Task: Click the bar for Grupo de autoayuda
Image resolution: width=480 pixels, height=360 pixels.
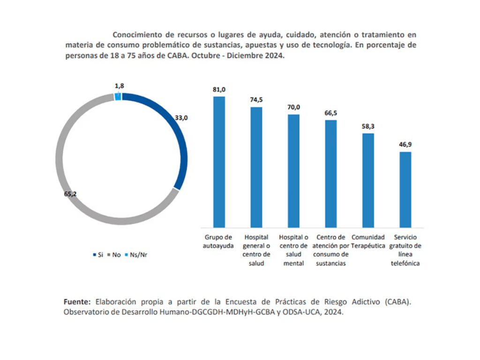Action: (x=219, y=162)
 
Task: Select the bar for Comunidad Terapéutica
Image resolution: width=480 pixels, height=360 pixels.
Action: (x=368, y=180)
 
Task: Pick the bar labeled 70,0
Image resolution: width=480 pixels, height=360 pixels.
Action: (x=293, y=171)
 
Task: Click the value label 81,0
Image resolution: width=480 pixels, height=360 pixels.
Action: (x=219, y=89)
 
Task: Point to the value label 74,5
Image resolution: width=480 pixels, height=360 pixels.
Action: (x=256, y=99)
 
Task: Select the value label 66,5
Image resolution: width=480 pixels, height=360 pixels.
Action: (x=331, y=113)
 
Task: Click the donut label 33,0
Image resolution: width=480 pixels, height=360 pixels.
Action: (x=181, y=118)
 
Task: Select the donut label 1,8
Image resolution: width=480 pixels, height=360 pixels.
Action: (x=119, y=86)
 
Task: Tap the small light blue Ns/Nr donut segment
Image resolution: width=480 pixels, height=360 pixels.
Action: (x=118, y=97)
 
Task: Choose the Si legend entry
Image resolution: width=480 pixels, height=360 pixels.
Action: (x=98, y=255)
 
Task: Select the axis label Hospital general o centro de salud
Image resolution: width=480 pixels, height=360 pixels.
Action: (x=256, y=250)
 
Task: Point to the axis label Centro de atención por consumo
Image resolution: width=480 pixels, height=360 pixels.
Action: (x=331, y=250)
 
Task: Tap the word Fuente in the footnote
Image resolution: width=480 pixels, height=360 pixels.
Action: (x=77, y=301)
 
